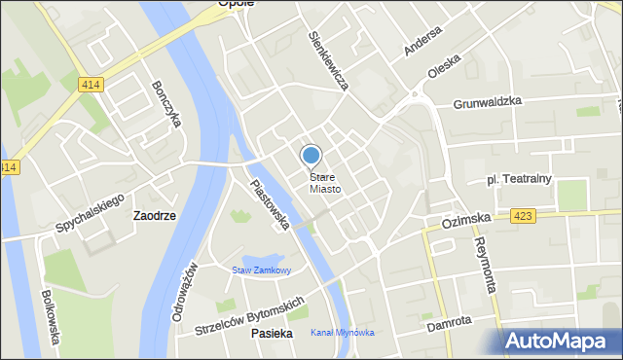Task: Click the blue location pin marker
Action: coord(311,156)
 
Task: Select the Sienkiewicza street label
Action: coord(328,60)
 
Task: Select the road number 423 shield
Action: coord(522,217)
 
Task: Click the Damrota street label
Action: coord(450,321)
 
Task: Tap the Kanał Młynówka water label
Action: coord(342,333)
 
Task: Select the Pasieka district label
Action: coord(272,333)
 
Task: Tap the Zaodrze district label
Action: coord(155,216)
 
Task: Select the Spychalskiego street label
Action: coord(89,213)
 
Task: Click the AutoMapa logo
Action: coord(562,341)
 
